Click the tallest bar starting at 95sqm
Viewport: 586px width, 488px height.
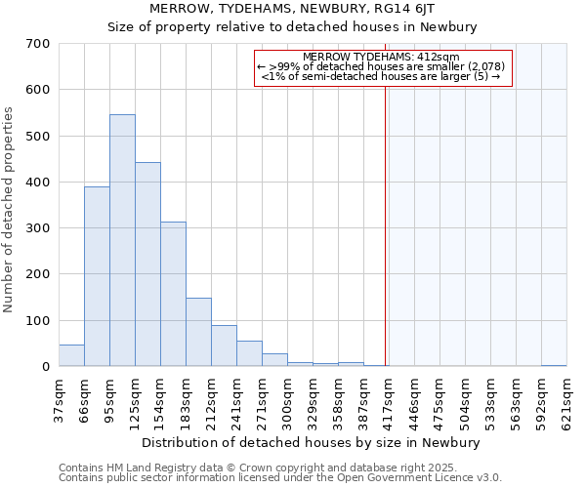pos(122,240)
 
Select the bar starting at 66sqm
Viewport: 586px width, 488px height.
pos(97,276)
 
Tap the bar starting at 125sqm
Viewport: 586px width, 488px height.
pos(147,264)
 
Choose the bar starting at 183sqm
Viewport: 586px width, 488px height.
pos(198,332)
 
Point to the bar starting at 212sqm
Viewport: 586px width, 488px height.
pos(224,346)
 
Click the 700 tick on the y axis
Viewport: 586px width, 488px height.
pos(38,44)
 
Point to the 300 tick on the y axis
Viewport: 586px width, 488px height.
pos(38,228)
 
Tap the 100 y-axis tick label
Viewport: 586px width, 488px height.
pos(38,320)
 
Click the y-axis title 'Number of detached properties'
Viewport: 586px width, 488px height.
pos(10,210)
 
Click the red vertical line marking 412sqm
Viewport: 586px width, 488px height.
pos(386,215)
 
